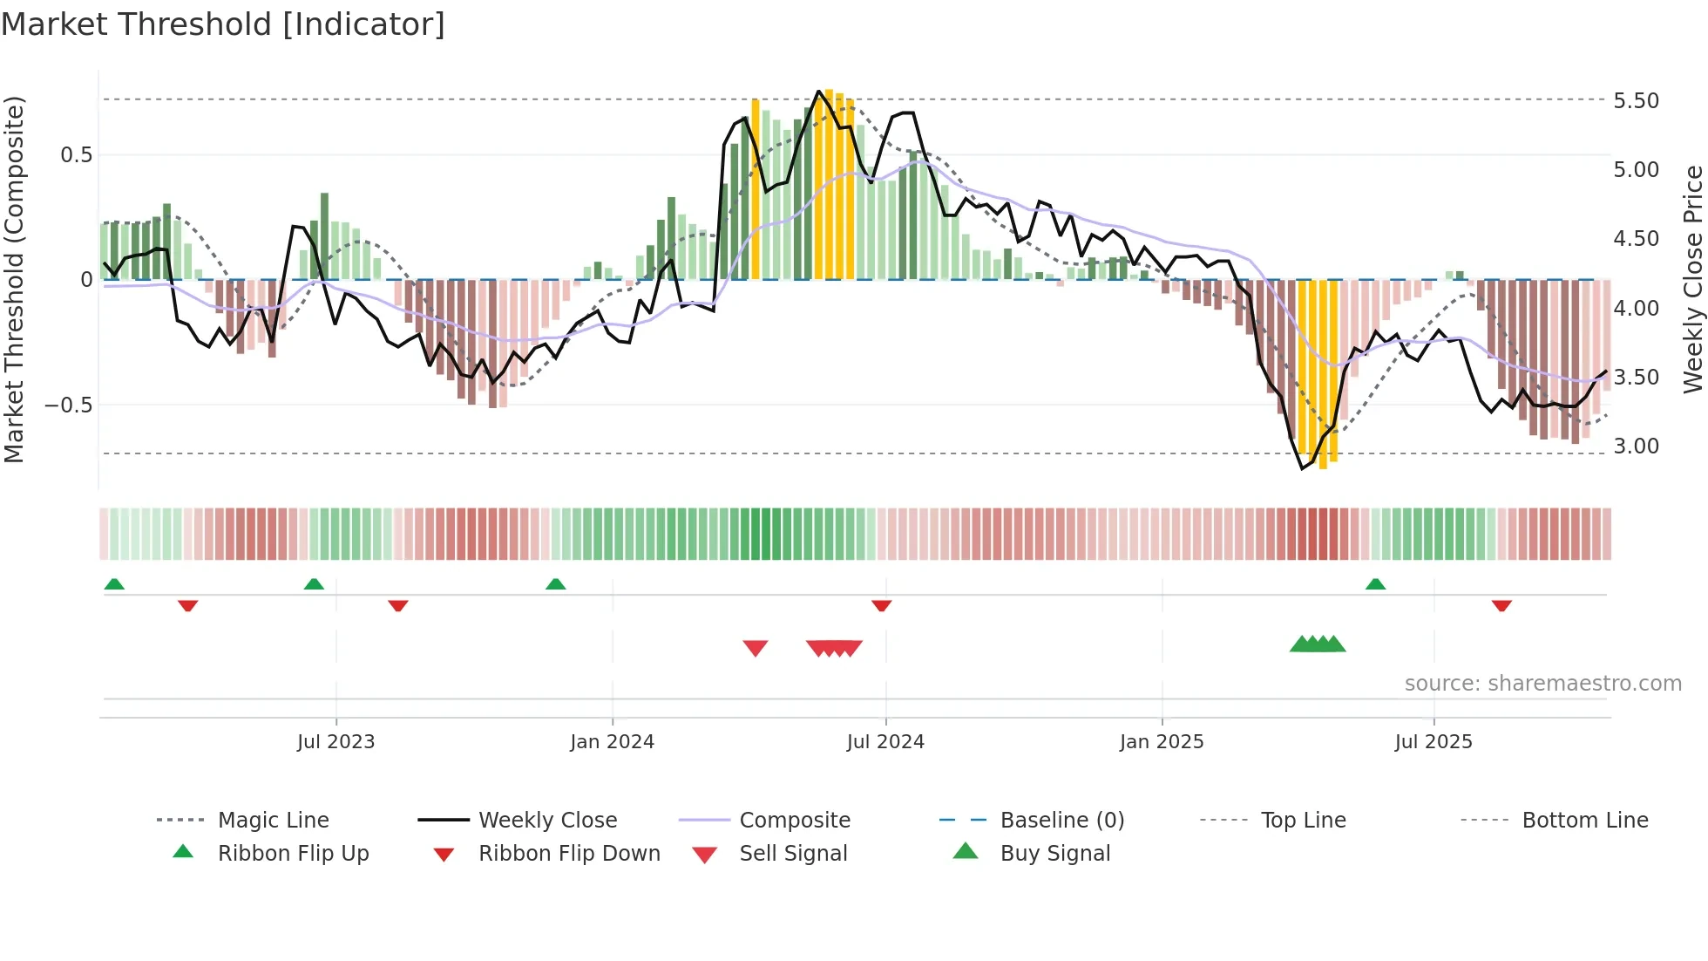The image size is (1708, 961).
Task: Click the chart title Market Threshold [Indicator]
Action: tap(223, 24)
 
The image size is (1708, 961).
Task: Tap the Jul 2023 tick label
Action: tap(335, 742)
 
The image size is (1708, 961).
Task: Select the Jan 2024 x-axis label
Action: tap(612, 742)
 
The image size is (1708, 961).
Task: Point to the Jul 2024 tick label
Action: tap(885, 742)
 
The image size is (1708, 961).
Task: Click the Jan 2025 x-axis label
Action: tap(1162, 742)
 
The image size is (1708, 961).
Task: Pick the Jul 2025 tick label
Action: tap(1433, 742)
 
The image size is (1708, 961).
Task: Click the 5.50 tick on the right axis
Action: tap(1636, 101)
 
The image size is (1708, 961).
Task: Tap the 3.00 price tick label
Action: tap(1636, 446)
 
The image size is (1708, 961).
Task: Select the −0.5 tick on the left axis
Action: tap(68, 406)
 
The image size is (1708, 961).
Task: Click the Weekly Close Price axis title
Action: tap(1692, 279)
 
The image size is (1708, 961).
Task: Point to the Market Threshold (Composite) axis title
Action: tap(14, 279)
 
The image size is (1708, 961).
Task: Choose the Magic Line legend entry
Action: tap(273, 821)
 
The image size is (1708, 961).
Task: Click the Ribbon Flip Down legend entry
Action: tap(569, 854)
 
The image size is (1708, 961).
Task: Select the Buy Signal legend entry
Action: tap(1054, 854)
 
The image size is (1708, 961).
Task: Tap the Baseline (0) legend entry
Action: tap(1061, 821)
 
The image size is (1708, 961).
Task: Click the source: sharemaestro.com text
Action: tap(1542, 684)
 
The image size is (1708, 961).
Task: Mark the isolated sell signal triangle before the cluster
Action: tap(756, 648)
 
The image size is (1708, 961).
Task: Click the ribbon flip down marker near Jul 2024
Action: tap(881, 605)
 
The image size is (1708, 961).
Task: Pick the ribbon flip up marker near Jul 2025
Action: tap(1375, 584)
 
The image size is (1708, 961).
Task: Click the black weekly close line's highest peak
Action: tap(818, 91)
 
